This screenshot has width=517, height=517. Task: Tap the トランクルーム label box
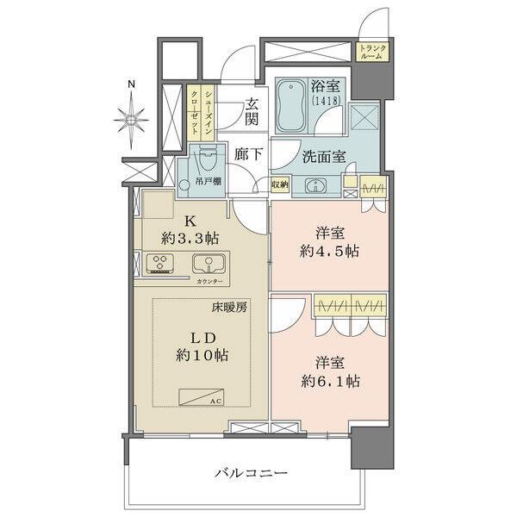pyautogui.click(x=371, y=52)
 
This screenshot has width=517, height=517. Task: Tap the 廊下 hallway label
pyautogui.click(x=249, y=156)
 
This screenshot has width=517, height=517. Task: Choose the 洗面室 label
pyautogui.click(x=325, y=158)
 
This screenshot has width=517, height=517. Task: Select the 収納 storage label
pyautogui.click(x=279, y=185)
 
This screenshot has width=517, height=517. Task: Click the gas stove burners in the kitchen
pyautogui.click(x=160, y=263)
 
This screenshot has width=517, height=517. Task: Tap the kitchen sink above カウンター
pyautogui.click(x=207, y=264)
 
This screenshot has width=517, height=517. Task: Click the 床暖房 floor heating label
pyautogui.click(x=231, y=308)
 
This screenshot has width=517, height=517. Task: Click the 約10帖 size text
pyautogui.click(x=200, y=354)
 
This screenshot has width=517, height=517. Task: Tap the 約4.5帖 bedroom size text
pyautogui.click(x=330, y=252)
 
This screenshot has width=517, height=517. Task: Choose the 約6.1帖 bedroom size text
pyautogui.click(x=331, y=382)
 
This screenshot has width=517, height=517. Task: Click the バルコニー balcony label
pyautogui.click(x=251, y=473)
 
